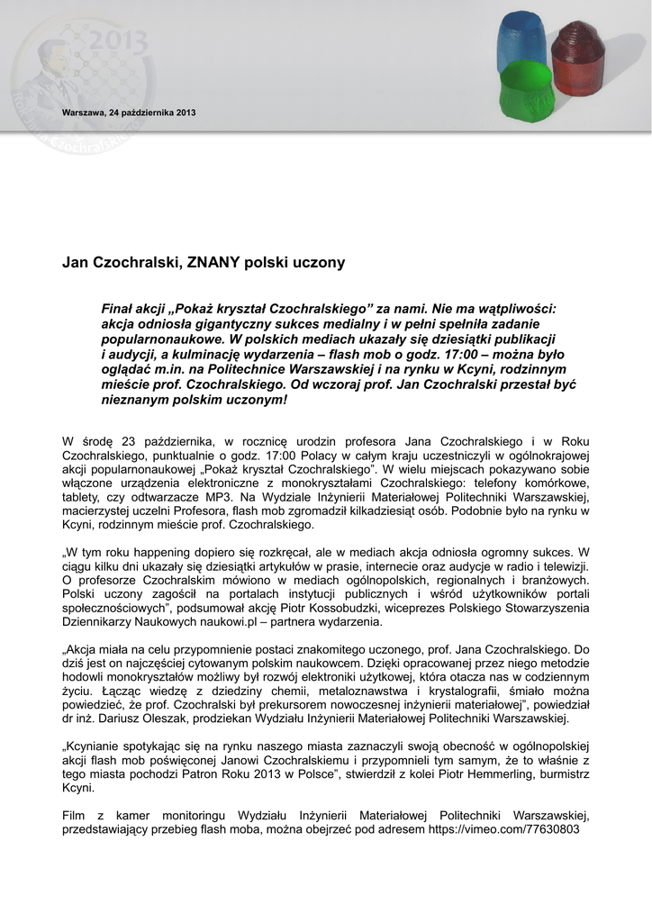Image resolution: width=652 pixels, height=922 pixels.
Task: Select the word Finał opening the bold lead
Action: (x=118, y=309)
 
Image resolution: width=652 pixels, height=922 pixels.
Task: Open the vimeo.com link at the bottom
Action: (x=503, y=829)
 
